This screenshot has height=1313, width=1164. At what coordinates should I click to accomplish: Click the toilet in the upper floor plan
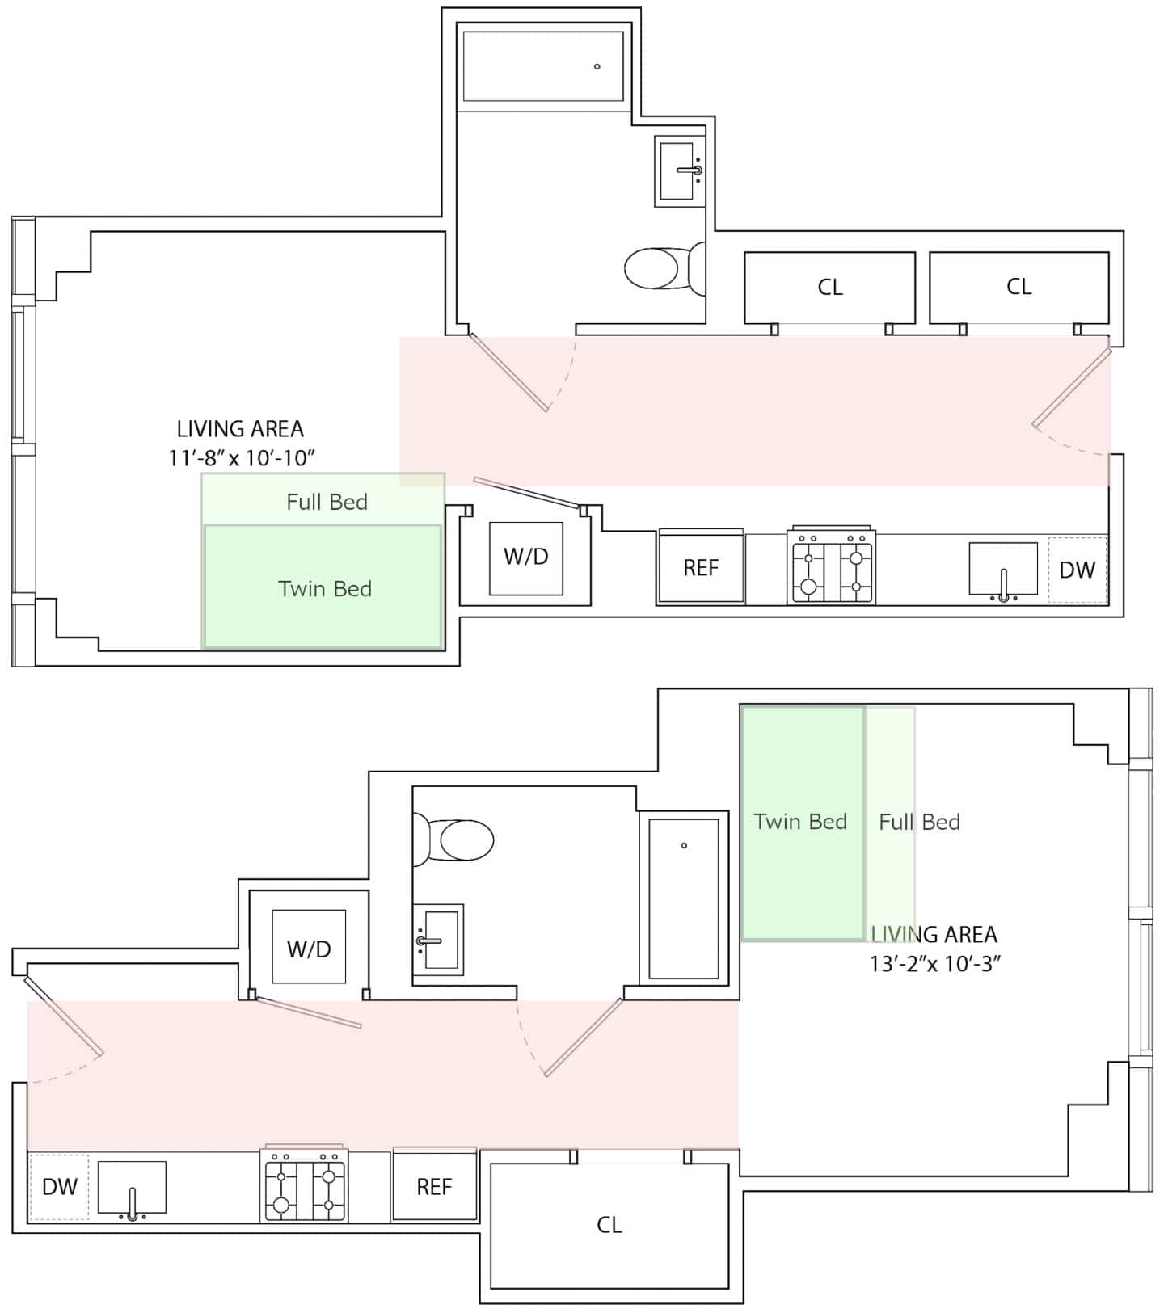[664, 268]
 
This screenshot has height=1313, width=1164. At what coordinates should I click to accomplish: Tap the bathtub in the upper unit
[543, 66]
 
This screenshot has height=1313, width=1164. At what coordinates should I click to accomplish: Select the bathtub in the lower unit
[684, 898]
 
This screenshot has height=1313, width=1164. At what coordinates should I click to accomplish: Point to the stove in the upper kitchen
[832, 566]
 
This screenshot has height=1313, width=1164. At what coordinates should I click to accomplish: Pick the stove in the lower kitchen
[305, 1184]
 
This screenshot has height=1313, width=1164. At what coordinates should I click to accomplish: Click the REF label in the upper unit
[701, 568]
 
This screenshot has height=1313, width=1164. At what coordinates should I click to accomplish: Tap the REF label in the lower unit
[434, 1187]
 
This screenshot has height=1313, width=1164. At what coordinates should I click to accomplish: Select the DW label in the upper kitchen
[1077, 570]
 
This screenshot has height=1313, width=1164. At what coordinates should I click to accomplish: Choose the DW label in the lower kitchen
[59, 1187]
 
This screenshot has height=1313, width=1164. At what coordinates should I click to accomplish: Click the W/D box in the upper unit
[526, 558]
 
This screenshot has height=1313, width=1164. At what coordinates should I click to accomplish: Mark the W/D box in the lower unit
[309, 947]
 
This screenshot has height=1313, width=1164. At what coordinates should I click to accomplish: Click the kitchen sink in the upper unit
[1003, 571]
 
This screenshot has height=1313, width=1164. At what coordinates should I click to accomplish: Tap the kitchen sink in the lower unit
[132, 1190]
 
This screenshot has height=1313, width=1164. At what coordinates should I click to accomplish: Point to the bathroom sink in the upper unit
[680, 170]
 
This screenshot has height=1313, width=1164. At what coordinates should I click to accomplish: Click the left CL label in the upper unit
[830, 287]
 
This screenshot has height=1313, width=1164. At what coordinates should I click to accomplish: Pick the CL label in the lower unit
[609, 1225]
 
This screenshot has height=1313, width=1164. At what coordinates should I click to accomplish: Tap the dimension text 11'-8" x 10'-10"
[241, 458]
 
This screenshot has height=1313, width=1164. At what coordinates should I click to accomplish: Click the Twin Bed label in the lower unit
[800, 822]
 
